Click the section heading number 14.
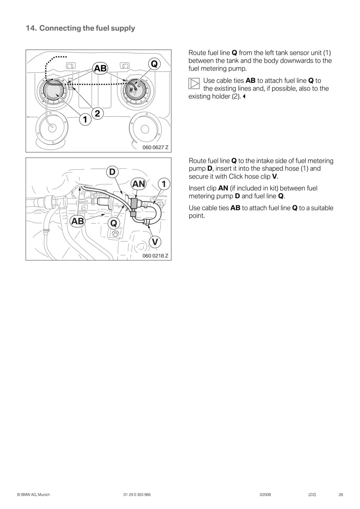click(31, 28)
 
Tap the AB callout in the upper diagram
click(100, 68)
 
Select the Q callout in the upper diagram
click(154, 64)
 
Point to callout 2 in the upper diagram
click(97, 113)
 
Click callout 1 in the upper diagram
click(85, 119)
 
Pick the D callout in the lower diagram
click(112, 172)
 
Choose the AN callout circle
click(139, 184)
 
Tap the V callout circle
click(155, 242)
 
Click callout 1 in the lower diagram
click(164, 184)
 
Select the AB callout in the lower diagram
click(77, 221)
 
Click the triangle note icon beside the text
click(194, 83)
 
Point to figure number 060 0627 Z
click(155, 147)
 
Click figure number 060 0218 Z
click(155, 256)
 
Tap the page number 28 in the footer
click(341, 495)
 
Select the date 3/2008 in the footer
click(265, 495)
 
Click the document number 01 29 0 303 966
click(137, 495)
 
